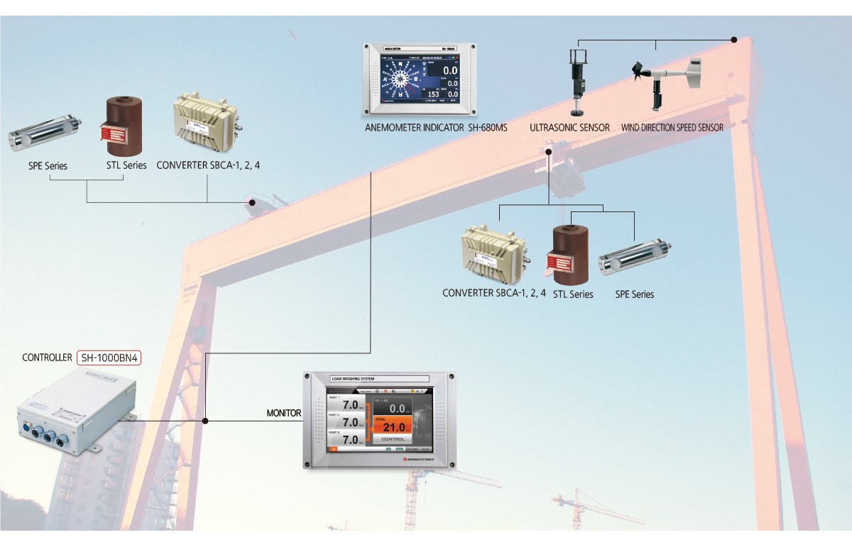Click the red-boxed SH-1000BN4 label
point(109,358)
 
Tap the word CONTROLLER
point(47,358)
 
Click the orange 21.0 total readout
point(393,427)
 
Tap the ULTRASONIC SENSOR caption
point(569,128)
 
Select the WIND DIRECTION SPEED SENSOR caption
point(672,128)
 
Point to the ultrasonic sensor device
point(578,79)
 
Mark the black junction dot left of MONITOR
point(205,421)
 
